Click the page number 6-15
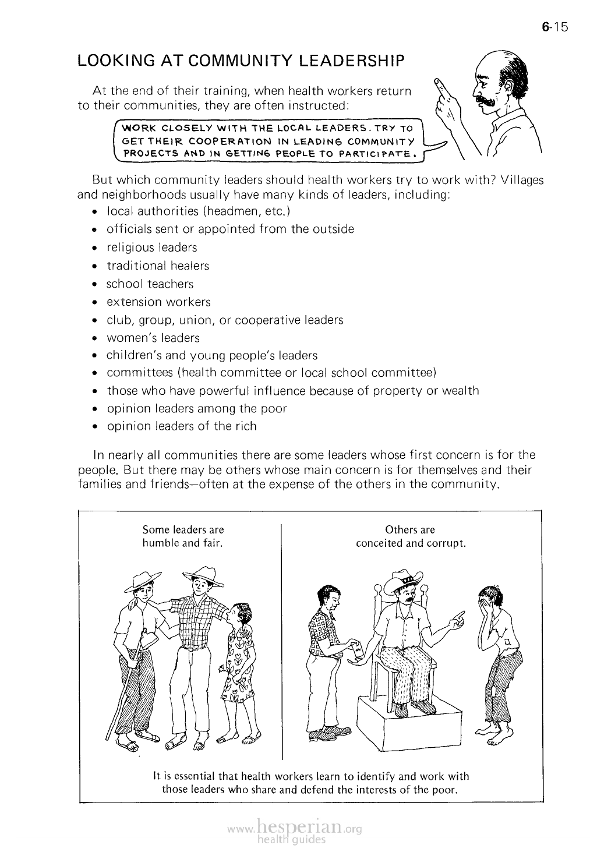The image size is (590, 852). coord(554,27)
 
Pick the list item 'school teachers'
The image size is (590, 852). coord(150,284)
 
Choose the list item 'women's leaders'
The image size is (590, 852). coord(153,338)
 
